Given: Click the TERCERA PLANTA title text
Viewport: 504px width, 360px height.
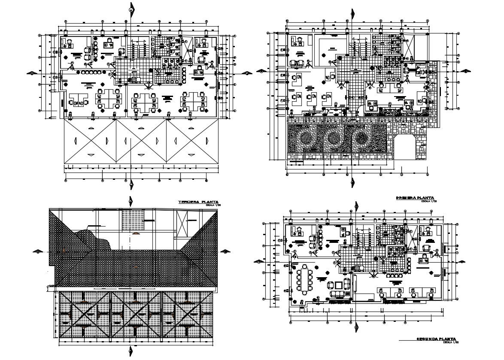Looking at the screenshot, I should (198, 201).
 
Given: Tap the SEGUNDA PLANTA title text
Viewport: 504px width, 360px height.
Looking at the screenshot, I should (436, 339).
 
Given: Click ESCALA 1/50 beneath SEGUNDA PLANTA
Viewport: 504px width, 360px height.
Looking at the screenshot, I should (451, 342).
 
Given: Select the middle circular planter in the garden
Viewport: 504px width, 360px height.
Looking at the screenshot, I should (334, 139).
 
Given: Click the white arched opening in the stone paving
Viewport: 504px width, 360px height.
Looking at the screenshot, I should (410, 148).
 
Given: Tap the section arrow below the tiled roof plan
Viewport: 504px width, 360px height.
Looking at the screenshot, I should (130, 352).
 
